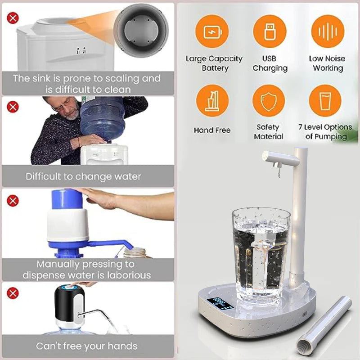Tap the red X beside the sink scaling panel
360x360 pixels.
[x=13, y=18]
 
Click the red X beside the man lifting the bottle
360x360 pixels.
[x=13, y=107]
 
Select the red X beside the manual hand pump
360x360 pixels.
[x=13, y=200]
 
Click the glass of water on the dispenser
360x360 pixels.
[x=261, y=254]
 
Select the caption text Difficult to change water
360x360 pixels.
[x=83, y=176]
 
